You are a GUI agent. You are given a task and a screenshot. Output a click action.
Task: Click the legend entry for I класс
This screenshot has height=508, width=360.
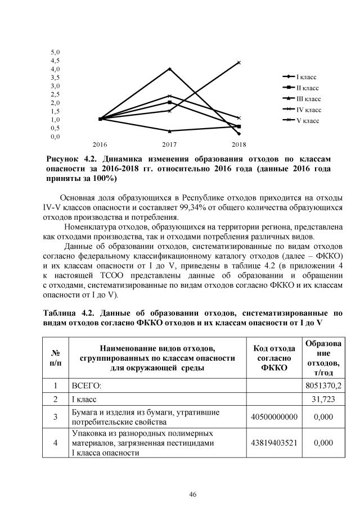tap(300, 76)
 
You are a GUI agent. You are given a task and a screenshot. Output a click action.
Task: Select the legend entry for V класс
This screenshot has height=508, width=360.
tap(300, 121)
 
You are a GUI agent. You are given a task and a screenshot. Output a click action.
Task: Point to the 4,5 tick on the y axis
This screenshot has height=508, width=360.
tap(56, 60)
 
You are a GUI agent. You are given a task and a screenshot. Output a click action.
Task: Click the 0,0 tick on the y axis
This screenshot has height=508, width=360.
tap(56, 136)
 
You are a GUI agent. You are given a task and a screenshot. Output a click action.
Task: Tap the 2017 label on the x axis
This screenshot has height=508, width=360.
tap(169, 145)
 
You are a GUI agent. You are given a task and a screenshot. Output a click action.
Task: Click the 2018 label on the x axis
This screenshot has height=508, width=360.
tap(239, 145)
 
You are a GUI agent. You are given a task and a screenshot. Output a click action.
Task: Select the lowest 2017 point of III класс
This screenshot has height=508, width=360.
tap(169, 131)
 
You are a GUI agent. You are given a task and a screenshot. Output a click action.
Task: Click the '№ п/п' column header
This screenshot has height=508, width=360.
tap(56, 357)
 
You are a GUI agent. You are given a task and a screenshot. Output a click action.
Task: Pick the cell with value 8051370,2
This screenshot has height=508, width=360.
tap(323, 386)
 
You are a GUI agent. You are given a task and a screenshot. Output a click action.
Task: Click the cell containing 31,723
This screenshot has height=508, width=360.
tap(323, 400)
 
